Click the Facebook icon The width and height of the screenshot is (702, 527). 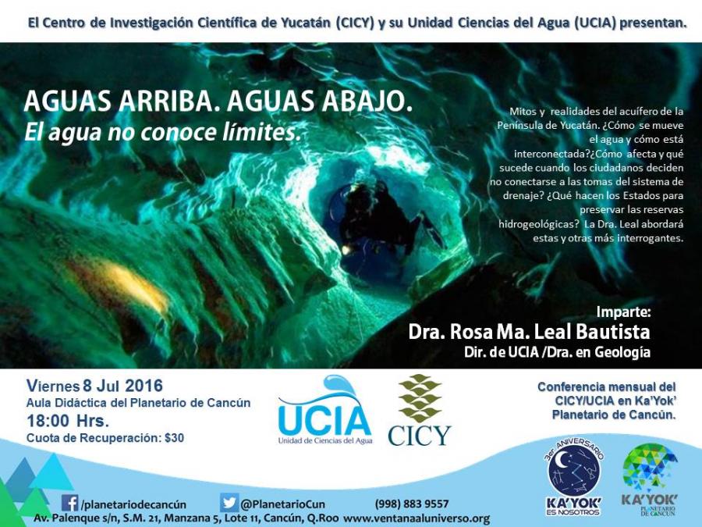(69, 503)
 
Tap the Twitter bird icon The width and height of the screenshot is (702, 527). (229, 503)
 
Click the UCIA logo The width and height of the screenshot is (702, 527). (324, 411)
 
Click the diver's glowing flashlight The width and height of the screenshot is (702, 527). (346, 249)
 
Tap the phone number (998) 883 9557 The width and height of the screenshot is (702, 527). (412, 504)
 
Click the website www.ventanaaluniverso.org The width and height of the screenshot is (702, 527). (417, 518)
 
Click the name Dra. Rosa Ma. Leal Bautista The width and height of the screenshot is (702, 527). (529, 332)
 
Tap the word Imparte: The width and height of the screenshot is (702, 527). (623, 312)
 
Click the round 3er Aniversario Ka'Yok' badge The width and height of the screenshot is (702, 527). (573, 476)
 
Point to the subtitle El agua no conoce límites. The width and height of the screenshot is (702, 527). (162, 133)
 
